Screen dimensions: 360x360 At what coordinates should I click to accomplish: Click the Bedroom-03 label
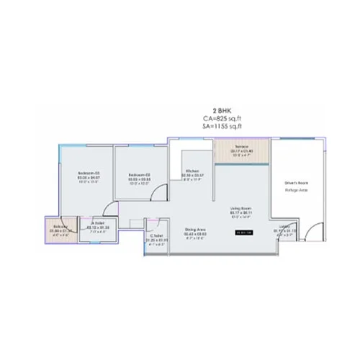click(x=88, y=174)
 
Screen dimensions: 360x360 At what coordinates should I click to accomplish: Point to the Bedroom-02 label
click(x=138, y=174)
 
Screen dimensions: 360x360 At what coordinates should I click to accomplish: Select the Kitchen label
click(x=191, y=171)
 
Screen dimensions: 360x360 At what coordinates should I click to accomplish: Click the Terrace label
click(x=240, y=147)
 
